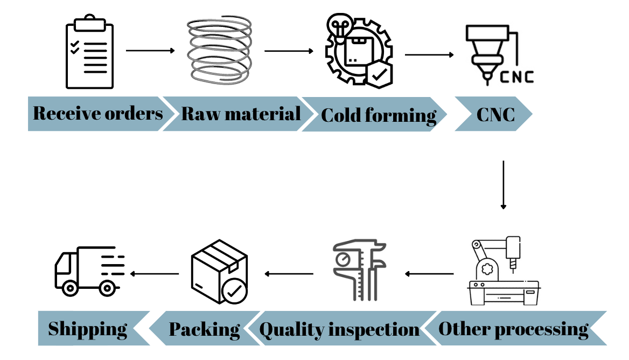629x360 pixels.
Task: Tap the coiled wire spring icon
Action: pyautogui.click(x=220, y=51)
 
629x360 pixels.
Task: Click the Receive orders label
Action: pyautogui.click(x=98, y=114)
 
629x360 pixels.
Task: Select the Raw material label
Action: pyautogui.click(x=241, y=114)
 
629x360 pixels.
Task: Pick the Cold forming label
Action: pyautogui.click(x=379, y=115)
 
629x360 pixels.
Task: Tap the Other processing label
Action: pyautogui.click(x=513, y=328)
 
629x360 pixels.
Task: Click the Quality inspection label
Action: pyautogui.click(x=339, y=329)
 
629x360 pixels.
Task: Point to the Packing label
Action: pyautogui.click(x=205, y=329)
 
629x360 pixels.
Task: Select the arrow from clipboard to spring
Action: pyautogui.click(x=151, y=51)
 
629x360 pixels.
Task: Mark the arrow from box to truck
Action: pyautogui.click(x=155, y=274)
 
